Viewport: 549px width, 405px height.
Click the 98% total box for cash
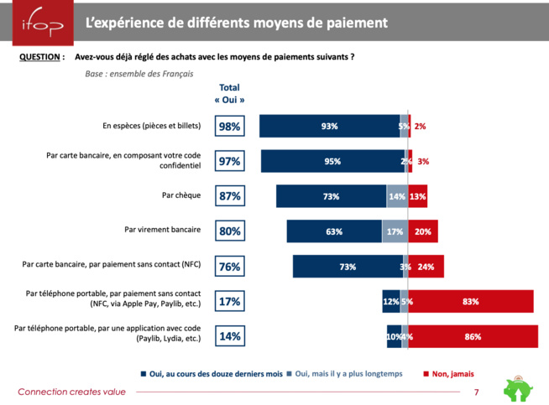(x=229, y=126)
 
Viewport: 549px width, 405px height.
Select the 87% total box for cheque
(x=229, y=196)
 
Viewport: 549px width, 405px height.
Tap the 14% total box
(x=229, y=336)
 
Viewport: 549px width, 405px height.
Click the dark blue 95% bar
(x=332, y=161)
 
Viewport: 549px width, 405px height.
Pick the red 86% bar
(x=472, y=336)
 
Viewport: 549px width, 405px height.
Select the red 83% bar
(x=470, y=301)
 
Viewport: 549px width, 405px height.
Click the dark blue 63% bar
(x=334, y=231)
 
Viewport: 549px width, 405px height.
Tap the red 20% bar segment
(x=422, y=231)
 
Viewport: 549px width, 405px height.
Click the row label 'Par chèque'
(x=182, y=196)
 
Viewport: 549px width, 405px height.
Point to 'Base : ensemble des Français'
(x=139, y=74)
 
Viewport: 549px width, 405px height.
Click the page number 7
(x=476, y=392)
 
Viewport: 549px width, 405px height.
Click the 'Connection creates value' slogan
(x=71, y=392)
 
